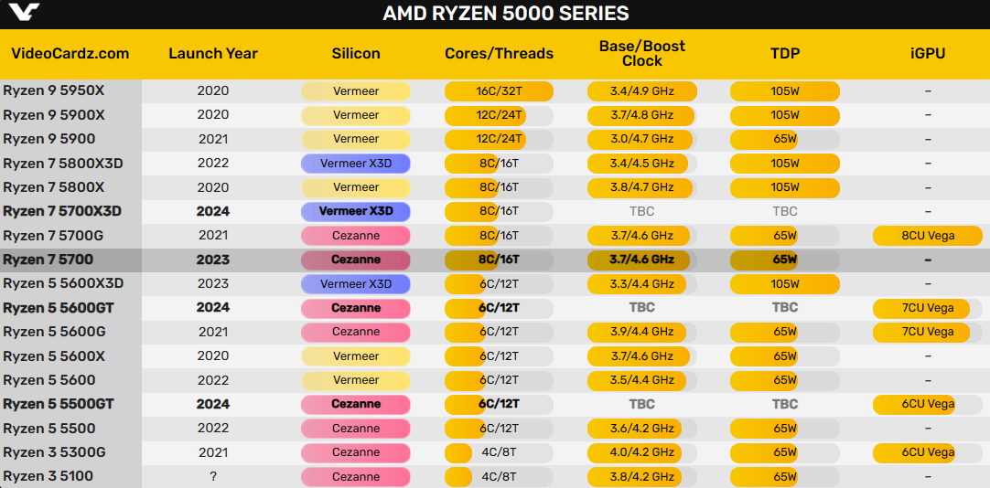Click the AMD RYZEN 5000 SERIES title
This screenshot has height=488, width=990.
pyautogui.click(x=506, y=14)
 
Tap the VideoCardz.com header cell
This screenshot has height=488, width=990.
pyautogui.click(x=70, y=53)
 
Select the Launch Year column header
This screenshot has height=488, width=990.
pyautogui.click(x=213, y=53)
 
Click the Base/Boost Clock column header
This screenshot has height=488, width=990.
pyautogui.click(x=641, y=53)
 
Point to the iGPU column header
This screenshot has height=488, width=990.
pyautogui.click(x=928, y=53)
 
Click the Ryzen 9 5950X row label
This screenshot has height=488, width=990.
pyautogui.click(x=54, y=91)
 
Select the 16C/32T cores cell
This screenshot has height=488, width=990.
pyautogui.click(x=499, y=91)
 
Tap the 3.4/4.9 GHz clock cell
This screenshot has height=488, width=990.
pyautogui.click(x=641, y=91)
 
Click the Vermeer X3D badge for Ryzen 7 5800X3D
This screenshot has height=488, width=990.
pyautogui.click(x=356, y=164)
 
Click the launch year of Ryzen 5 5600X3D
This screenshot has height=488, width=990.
pyautogui.click(x=213, y=283)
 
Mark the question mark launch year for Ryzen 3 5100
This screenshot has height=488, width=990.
pyautogui.click(x=213, y=476)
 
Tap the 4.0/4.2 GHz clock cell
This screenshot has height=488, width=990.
pyautogui.click(x=641, y=452)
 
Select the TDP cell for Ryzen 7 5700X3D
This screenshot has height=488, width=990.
pyautogui.click(x=785, y=211)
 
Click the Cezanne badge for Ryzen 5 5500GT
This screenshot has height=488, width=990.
pyautogui.click(x=356, y=404)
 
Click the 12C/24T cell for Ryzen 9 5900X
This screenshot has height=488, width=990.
pyautogui.click(x=499, y=115)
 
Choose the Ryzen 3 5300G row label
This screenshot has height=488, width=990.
pyautogui.click(x=54, y=452)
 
